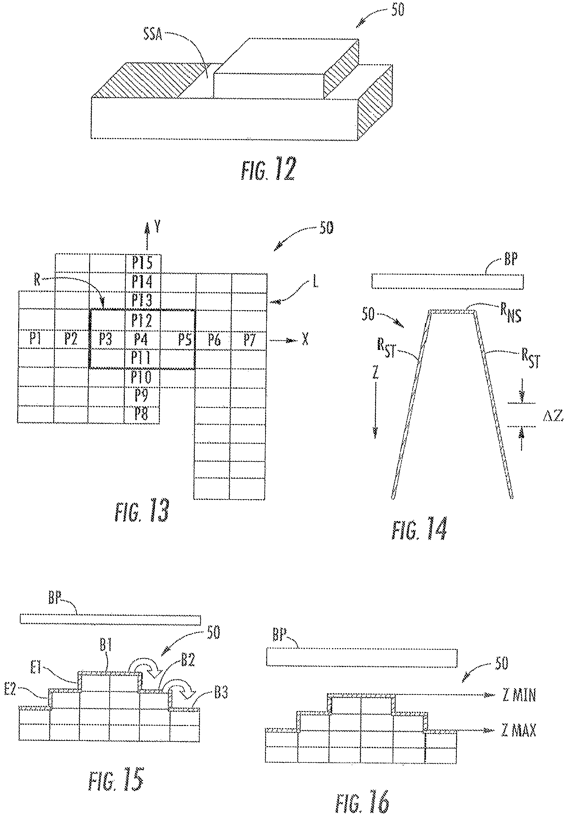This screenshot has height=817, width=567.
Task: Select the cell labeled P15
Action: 142,263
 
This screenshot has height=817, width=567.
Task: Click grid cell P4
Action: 141,340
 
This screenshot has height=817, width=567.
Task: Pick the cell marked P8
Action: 141,414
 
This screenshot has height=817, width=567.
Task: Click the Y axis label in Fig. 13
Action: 157,226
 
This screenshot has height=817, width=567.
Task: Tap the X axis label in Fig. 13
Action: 305,340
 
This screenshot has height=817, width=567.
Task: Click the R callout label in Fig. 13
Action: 37,280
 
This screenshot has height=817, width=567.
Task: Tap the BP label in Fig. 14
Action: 511,259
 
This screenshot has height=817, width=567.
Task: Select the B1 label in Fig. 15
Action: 106,646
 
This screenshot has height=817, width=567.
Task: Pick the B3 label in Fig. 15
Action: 221,693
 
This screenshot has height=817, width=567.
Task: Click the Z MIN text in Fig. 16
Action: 519,695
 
